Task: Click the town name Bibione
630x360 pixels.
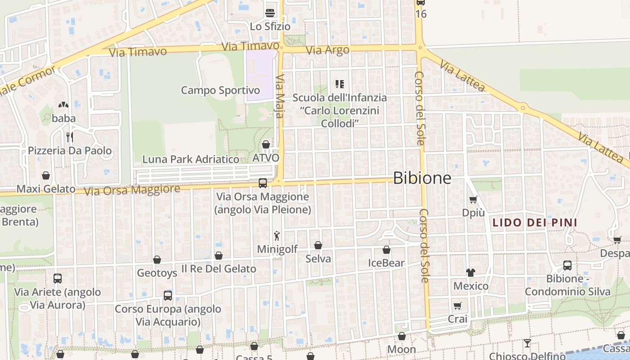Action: pos(422,178)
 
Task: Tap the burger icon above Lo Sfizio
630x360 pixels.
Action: pos(270,13)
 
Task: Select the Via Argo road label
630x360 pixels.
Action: pos(328,50)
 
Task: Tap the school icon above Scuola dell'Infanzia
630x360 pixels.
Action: pos(340,84)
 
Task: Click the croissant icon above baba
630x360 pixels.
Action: pos(63,105)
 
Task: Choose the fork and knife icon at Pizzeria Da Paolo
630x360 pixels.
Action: pos(70,137)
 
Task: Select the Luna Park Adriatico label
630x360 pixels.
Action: pos(191,159)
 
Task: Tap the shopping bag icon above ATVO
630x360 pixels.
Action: pos(266,144)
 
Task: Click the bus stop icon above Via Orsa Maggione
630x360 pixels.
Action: pos(263,183)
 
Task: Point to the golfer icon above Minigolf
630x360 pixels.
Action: pos(277,235)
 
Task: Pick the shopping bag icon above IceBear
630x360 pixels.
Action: pos(387,250)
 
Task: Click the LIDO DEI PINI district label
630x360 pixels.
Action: pos(535,223)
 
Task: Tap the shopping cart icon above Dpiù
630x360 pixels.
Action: pos(473,199)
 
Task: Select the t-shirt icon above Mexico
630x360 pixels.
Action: pos(471,272)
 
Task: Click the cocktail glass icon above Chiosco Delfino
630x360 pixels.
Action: pos(527,343)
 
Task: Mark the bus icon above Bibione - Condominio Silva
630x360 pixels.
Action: pos(567,265)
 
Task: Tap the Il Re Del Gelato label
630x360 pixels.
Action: pos(219,269)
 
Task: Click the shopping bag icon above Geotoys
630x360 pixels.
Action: pos(157,260)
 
